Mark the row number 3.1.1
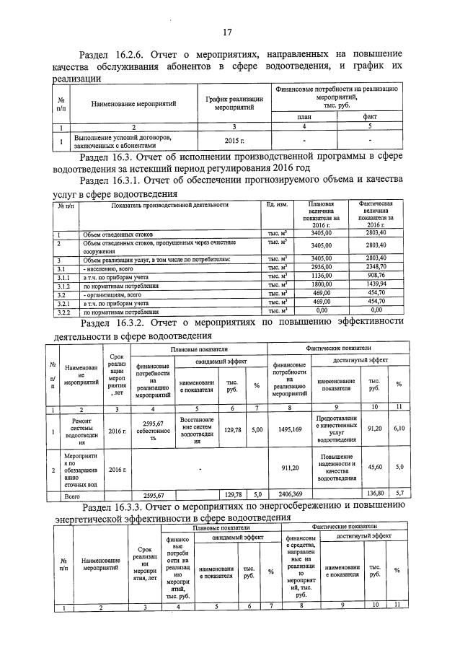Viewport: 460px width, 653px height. pos(63,275)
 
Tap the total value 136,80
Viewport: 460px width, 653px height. pos(374,494)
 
